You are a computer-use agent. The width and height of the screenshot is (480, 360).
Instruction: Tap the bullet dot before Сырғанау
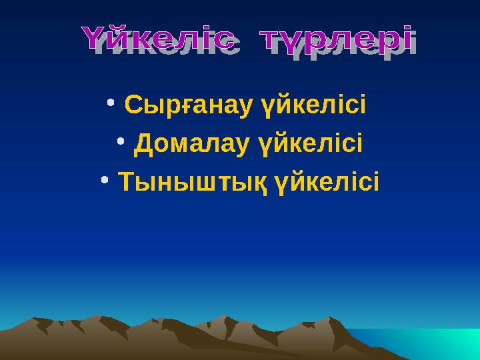[x=111, y=103]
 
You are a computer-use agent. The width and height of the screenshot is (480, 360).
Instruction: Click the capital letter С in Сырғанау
[x=131, y=105]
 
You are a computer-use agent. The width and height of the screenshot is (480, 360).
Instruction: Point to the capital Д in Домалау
[x=141, y=143]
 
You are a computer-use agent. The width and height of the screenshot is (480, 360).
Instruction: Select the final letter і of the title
[x=404, y=38]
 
